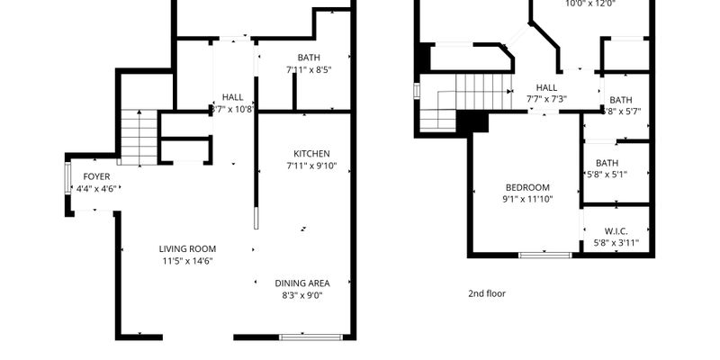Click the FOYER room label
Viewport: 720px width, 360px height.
tap(96, 176)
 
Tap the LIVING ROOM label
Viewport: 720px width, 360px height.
tap(187, 249)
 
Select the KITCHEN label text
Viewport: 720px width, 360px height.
tap(311, 154)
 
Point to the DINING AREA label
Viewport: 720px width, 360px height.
tap(301, 283)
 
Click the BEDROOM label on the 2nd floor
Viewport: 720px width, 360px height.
tap(526, 187)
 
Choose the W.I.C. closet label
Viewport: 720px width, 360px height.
tap(616, 230)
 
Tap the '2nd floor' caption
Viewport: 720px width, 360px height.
tap(487, 293)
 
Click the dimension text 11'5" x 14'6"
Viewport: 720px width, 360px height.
tap(187, 261)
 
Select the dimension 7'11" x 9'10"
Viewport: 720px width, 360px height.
tap(311, 166)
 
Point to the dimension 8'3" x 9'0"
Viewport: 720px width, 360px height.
tap(301, 294)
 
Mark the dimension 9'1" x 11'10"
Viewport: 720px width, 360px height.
tap(526, 199)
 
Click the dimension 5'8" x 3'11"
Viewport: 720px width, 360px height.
tap(616, 242)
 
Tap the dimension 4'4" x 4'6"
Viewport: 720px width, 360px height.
tap(96, 189)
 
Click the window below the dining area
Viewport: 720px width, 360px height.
tap(310, 337)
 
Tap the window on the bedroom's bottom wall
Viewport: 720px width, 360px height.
tap(544, 256)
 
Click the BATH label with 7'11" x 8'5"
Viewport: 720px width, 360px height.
tap(309, 58)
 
